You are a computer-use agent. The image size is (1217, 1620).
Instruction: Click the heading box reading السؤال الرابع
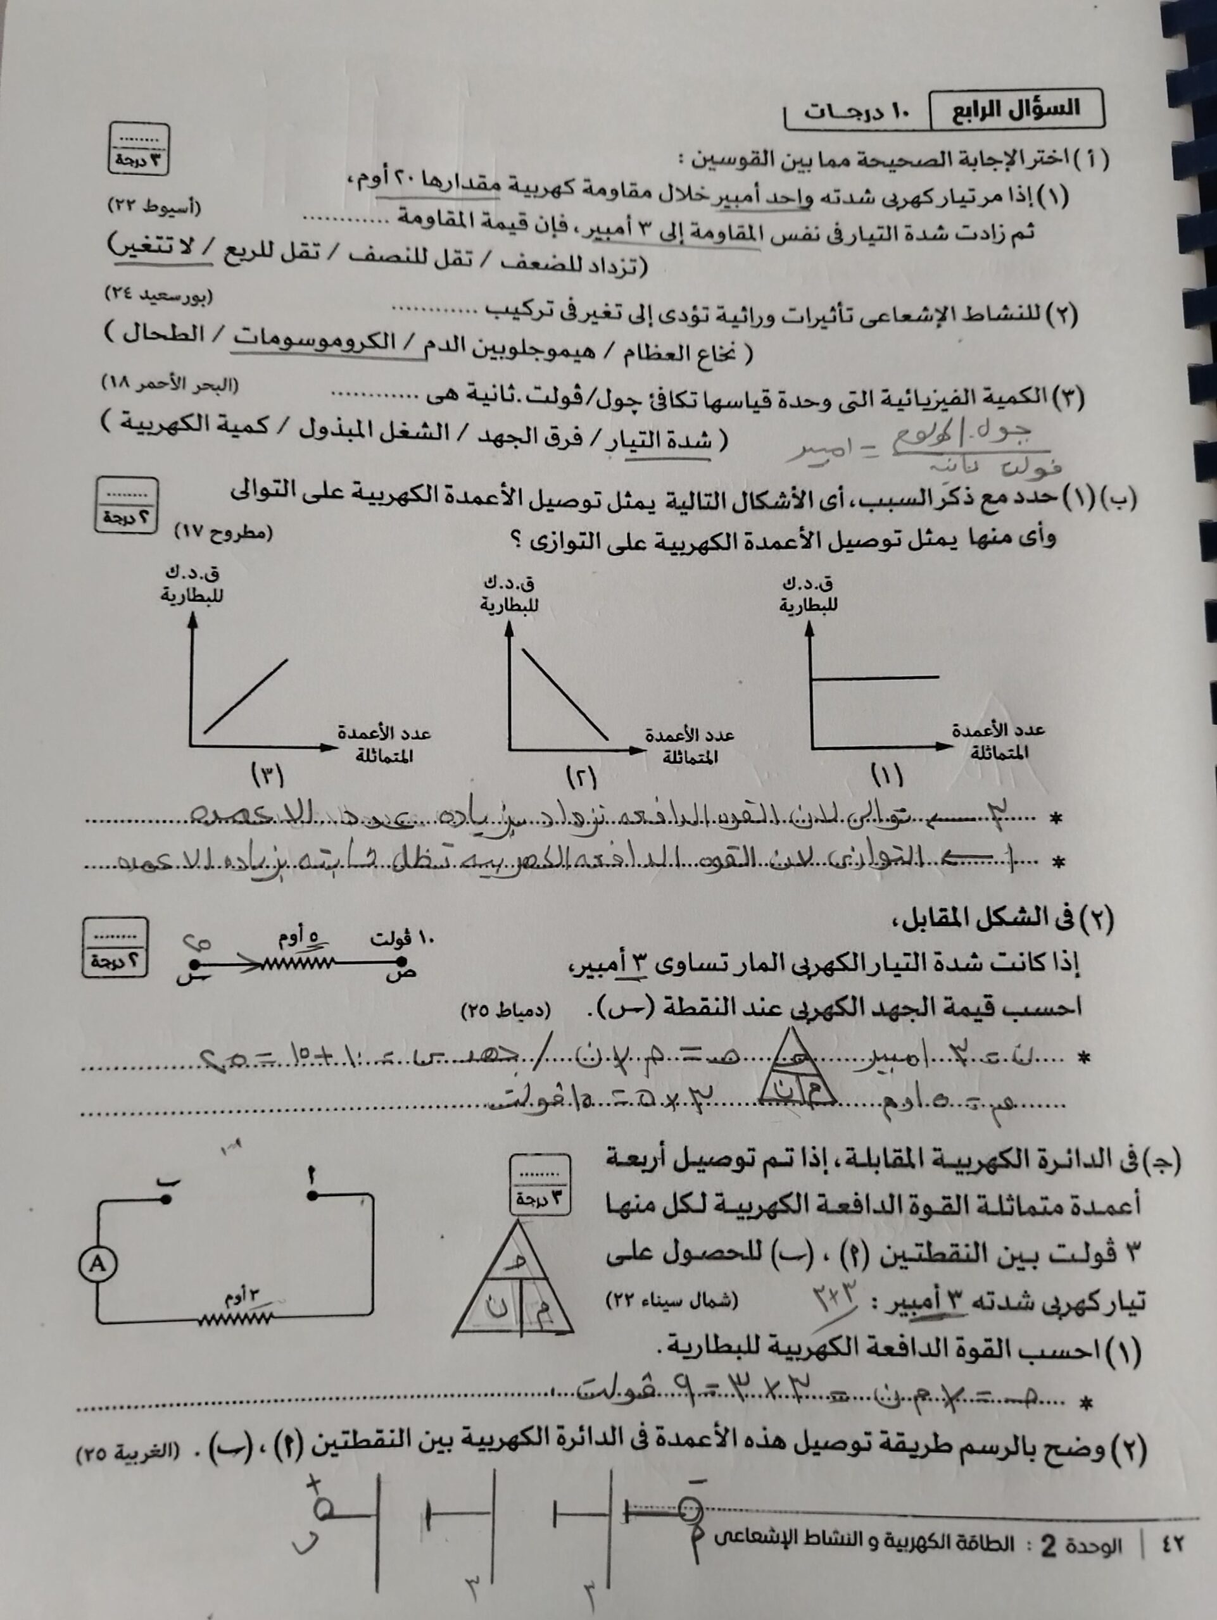1016,110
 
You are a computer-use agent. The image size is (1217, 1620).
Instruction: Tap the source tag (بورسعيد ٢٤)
159,295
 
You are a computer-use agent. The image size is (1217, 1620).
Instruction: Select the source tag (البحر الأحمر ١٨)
170,383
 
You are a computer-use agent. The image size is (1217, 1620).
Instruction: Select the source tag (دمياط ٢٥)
505,1011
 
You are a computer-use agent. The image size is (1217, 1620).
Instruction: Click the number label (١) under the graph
887,774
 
